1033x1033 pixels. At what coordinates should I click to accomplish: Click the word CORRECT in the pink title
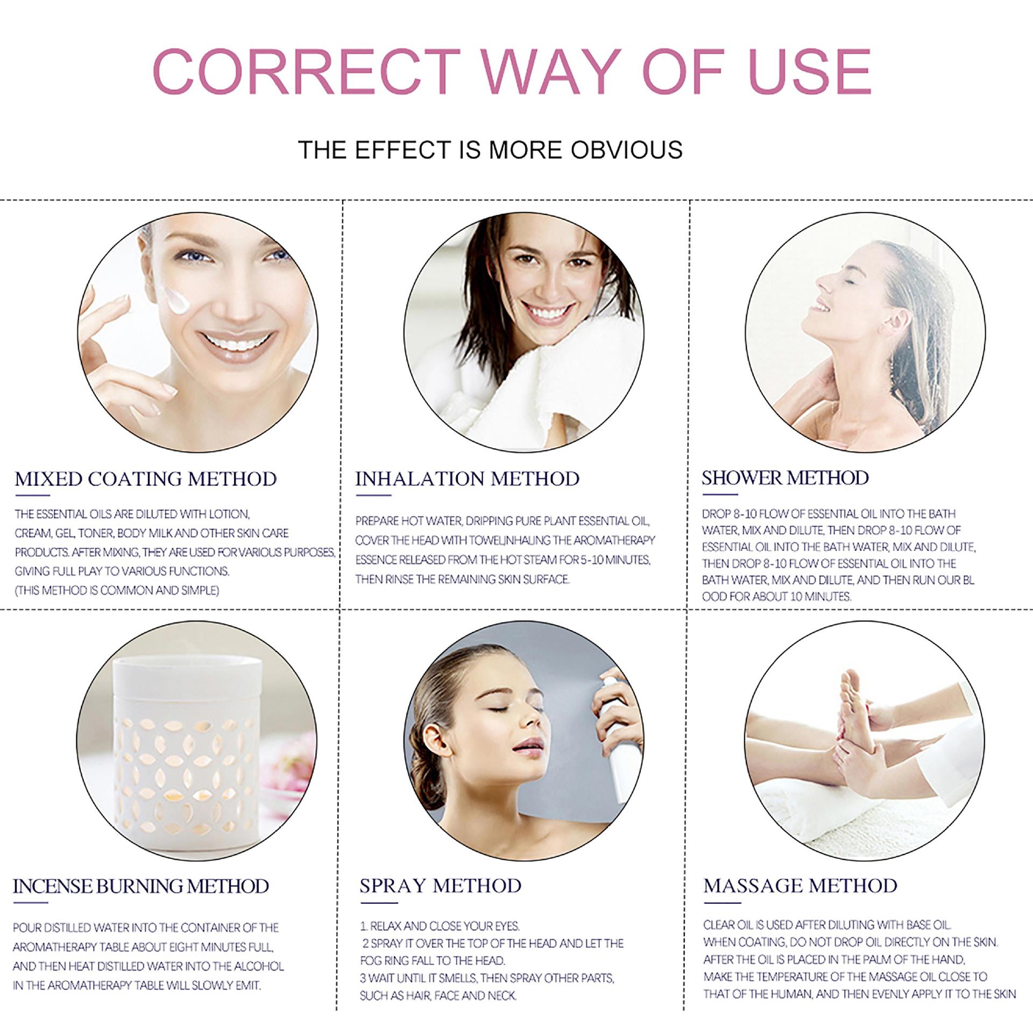[307, 72]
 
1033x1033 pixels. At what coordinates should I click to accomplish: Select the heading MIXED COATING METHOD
[146, 478]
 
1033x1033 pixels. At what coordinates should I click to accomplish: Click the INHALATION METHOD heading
[467, 478]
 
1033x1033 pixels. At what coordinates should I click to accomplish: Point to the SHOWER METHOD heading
[785, 477]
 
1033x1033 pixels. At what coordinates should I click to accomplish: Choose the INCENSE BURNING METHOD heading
[141, 886]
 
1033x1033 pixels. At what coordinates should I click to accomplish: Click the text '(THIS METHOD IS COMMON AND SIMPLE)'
[117, 590]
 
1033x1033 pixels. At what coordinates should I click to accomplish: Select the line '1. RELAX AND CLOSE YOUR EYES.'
[440, 926]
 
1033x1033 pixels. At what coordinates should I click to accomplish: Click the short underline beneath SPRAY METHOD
[379, 903]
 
